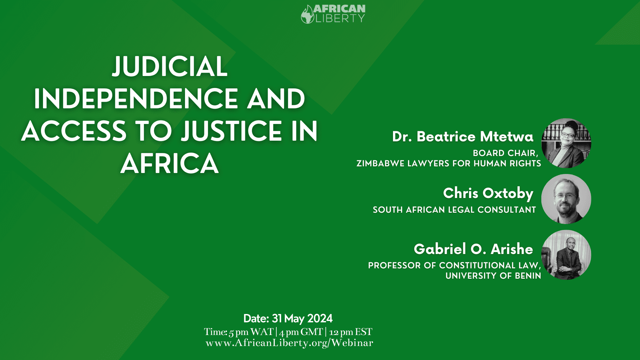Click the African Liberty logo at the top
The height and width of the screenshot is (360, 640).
(x=333, y=14)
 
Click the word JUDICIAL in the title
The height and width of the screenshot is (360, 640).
(x=170, y=66)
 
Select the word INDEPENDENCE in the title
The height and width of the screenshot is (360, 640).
(x=136, y=99)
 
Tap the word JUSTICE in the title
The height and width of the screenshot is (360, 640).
(x=232, y=131)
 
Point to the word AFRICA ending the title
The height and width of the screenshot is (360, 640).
(x=170, y=163)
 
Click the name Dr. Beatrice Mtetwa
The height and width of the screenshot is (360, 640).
(x=463, y=137)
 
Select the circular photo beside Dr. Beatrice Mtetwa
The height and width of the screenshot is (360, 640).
(x=566, y=143)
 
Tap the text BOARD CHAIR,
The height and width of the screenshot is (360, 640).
(x=506, y=153)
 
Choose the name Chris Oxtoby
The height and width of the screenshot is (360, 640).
(x=488, y=193)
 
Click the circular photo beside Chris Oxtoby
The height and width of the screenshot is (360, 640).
(x=566, y=199)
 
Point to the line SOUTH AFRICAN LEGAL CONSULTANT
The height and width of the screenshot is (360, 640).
(x=454, y=210)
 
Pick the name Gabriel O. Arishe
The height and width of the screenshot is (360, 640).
(x=473, y=249)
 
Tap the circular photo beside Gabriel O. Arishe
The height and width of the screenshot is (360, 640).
(x=566, y=255)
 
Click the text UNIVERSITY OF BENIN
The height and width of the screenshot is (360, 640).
(x=493, y=276)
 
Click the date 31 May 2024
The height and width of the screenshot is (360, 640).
(x=302, y=319)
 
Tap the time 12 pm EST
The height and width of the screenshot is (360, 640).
(x=351, y=332)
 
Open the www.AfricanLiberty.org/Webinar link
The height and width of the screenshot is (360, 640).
(x=289, y=343)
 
